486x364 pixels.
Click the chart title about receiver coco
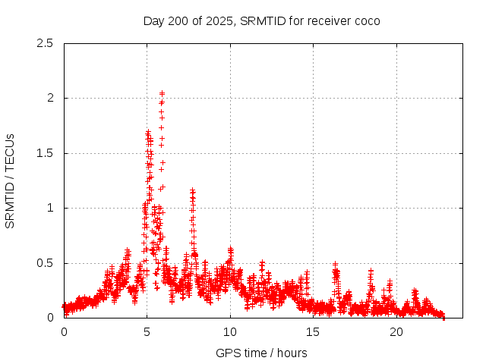coord(261,20)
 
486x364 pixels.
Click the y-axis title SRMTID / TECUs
coord(11,180)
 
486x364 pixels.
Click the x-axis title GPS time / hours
coord(261,353)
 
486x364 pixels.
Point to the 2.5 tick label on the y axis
coord(45,43)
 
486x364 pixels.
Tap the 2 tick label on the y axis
coord(49,98)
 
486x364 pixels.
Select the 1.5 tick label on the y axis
coord(45,153)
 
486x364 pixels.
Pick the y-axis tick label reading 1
coord(49,208)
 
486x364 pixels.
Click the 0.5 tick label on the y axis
coord(45,263)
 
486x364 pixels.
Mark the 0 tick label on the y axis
coord(49,318)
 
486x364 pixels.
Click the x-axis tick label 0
coord(64,332)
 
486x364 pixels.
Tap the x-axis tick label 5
coord(147,332)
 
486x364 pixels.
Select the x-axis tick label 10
coord(230,332)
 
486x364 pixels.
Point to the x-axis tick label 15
coord(313,332)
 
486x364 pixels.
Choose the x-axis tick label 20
coord(396,332)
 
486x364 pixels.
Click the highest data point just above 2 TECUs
coord(162,93)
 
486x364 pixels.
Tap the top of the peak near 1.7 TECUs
coord(148,132)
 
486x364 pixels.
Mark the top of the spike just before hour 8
coord(192,190)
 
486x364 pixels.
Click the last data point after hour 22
coord(443,316)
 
